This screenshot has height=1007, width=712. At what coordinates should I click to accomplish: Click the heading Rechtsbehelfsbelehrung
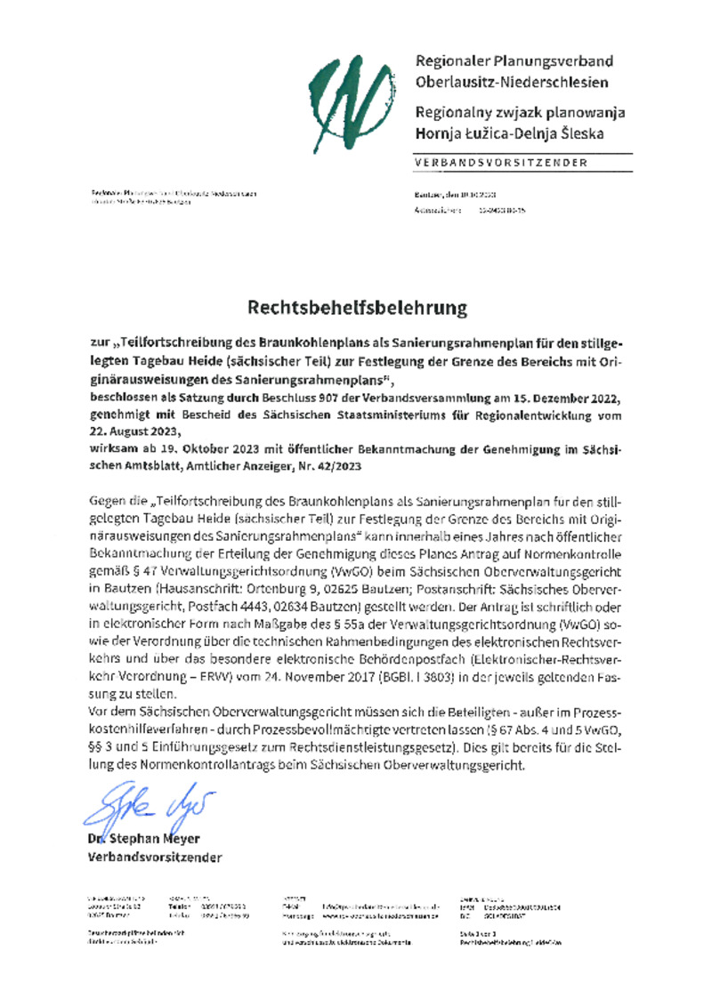(357, 309)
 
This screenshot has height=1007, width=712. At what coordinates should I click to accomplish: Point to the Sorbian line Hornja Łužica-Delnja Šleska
(508, 134)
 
